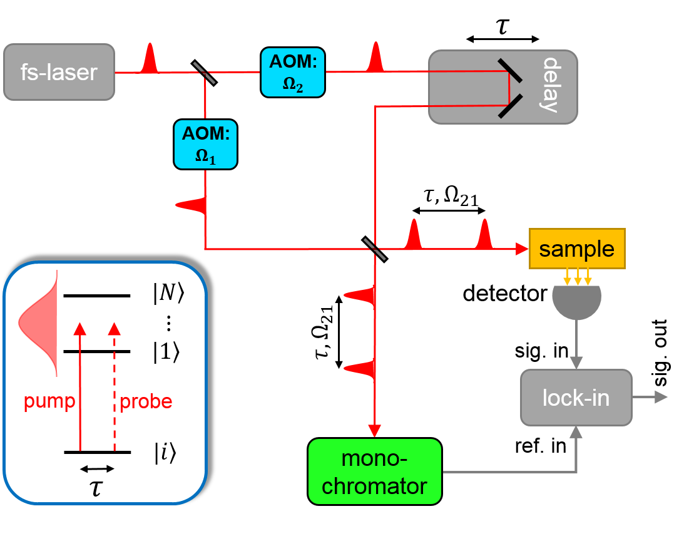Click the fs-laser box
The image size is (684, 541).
59,72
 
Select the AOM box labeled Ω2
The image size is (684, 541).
293,72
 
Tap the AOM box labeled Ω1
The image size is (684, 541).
205,144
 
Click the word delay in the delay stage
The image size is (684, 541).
549,85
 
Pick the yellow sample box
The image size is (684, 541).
576,249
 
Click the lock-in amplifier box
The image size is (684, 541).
576,398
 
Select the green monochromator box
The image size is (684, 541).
374,471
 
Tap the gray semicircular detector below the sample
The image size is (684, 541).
576,301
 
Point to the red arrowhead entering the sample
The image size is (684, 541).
523,249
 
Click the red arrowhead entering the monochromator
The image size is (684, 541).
374,431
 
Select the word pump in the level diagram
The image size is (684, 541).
49,402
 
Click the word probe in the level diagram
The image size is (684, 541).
145,402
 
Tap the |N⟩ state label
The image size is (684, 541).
168,295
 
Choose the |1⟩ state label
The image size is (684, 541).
167,352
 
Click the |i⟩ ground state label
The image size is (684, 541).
165,453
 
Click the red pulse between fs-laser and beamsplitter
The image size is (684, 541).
149,59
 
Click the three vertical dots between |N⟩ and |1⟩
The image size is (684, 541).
168,324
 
